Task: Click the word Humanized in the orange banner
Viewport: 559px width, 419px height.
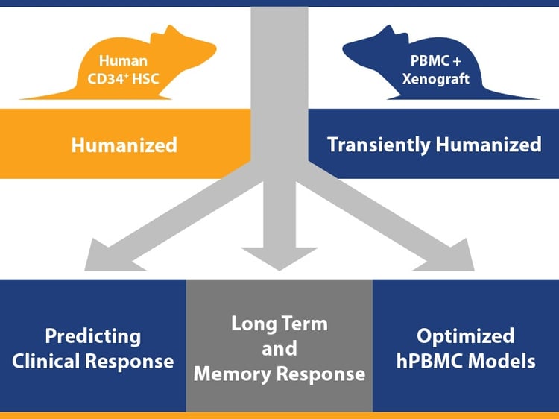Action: click(124, 145)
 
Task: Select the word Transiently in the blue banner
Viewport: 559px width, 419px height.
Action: click(378, 144)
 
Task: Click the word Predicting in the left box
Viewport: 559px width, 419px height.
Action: click(92, 335)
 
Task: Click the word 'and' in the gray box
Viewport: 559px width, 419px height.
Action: click(279, 348)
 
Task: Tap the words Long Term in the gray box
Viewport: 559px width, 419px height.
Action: click(279, 324)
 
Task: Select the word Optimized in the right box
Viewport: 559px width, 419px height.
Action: click(465, 335)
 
